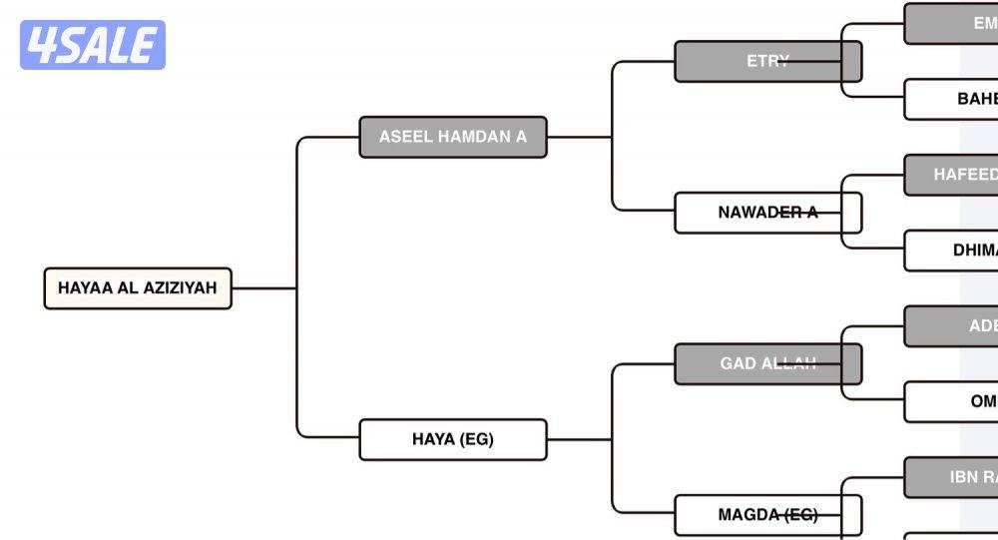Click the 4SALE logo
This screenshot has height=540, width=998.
pyautogui.click(x=93, y=45)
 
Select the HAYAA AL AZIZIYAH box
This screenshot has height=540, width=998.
pyautogui.click(x=138, y=288)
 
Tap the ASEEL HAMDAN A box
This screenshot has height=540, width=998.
pyautogui.click(x=453, y=137)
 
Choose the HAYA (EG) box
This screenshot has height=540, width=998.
pyautogui.click(x=453, y=439)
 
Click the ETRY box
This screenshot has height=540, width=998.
pyautogui.click(x=767, y=61)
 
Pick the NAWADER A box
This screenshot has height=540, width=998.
pyautogui.click(x=767, y=213)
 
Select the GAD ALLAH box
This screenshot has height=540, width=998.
pyautogui.click(x=767, y=363)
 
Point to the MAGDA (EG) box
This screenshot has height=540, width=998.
pyautogui.click(x=767, y=515)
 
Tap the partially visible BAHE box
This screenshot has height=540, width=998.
pyautogui.click(x=952, y=99)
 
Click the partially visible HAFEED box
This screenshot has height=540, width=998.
pyautogui.click(x=952, y=175)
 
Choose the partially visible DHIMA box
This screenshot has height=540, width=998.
pyautogui.click(x=952, y=251)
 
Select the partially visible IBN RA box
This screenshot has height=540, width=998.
pyautogui.click(x=952, y=477)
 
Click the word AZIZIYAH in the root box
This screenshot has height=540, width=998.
pyautogui.click(x=180, y=288)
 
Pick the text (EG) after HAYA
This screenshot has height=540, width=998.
pyautogui.click(x=475, y=439)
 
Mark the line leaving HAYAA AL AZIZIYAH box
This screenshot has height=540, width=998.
pyautogui.click(x=263, y=288)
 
